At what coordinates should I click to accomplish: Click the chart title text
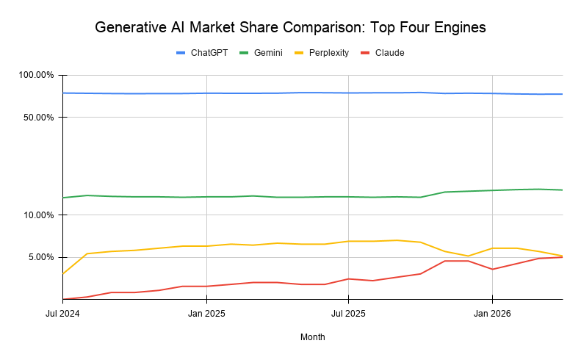(x=290, y=28)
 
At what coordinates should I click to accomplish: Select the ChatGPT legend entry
(x=204, y=53)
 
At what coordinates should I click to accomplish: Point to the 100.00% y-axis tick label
(x=36, y=75)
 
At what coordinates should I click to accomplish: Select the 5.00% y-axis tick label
(x=40, y=257)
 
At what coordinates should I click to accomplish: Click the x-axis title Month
(x=312, y=337)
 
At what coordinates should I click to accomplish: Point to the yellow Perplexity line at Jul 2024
(x=63, y=273)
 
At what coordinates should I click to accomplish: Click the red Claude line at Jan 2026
(x=491, y=269)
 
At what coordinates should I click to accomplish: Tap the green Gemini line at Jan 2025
(x=206, y=197)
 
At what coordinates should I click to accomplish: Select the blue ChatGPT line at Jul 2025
(x=348, y=93)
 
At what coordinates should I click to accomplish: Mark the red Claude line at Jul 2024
(x=64, y=299)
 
